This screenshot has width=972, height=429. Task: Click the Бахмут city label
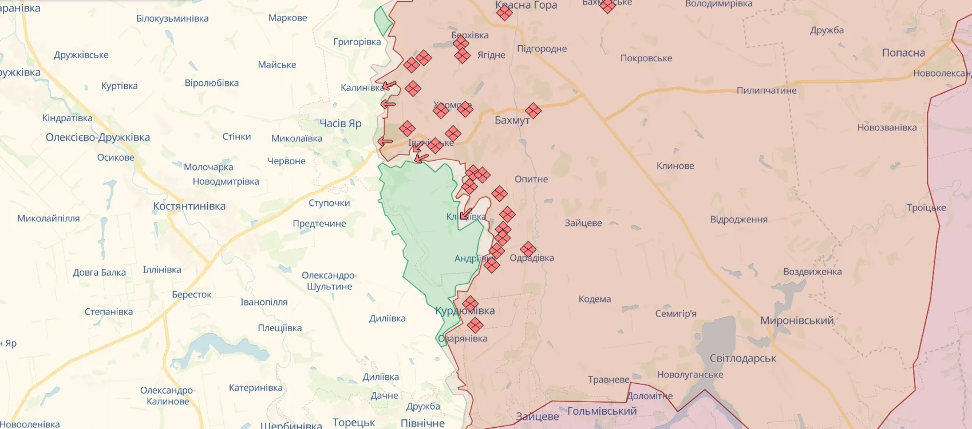(x=511, y=120)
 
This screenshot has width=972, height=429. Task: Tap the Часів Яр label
(x=340, y=123)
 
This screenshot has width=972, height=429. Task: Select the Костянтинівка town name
(x=189, y=206)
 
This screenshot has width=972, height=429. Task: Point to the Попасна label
(x=903, y=53)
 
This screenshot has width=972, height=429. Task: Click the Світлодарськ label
(x=742, y=358)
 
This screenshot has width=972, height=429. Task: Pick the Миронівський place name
(x=796, y=320)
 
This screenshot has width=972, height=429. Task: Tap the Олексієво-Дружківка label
(x=98, y=137)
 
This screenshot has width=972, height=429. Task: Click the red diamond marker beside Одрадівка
(x=528, y=249)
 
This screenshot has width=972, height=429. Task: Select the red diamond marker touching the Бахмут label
(x=533, y=110)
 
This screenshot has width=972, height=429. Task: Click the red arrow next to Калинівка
(x=389, y=86)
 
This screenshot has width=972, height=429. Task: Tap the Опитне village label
(x=531, y=179)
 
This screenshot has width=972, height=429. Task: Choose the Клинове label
(x=675, y=166)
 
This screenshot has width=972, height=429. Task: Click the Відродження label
(x=738, y=220)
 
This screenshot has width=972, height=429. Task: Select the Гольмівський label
(x=602, y=411)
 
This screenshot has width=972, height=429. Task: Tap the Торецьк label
(x=353, y=423)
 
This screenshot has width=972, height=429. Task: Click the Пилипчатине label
(x=766, y=90)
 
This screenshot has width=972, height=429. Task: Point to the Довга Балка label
(x=99, y=272)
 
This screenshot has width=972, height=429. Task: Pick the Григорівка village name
(x=357, y=42)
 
